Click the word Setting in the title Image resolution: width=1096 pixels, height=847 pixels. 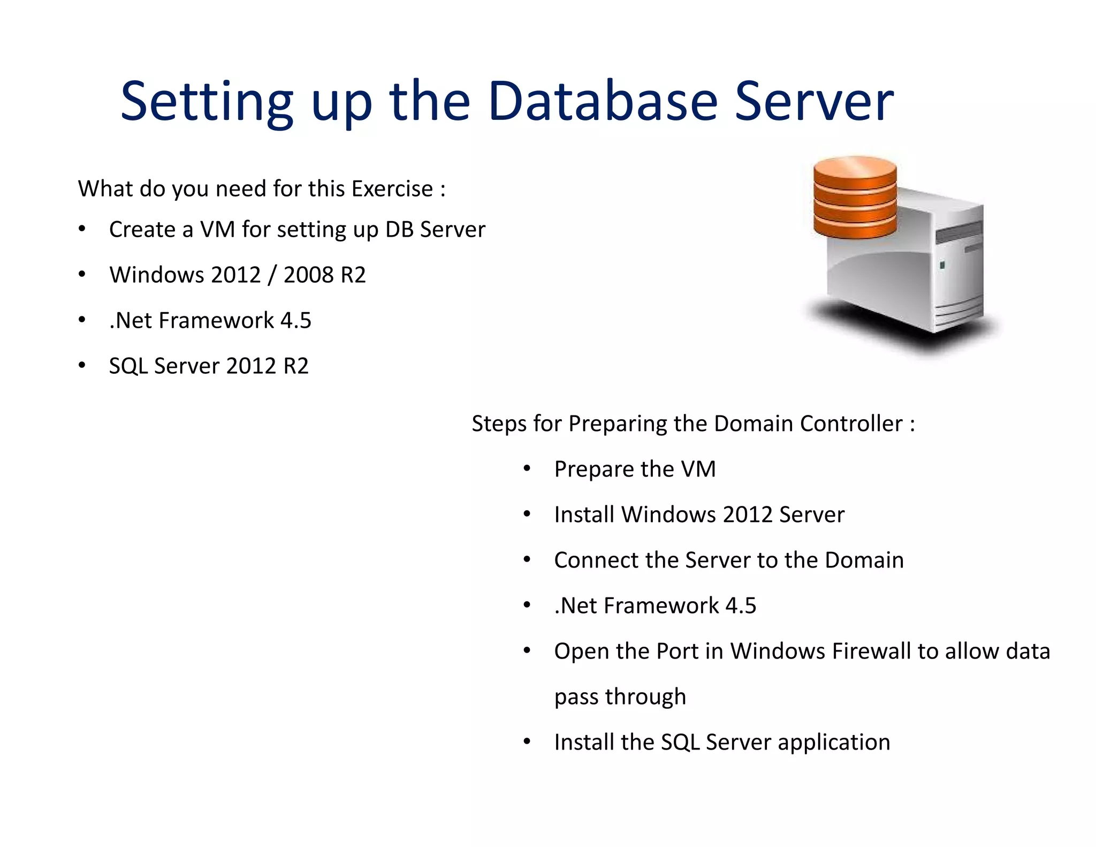click(207, 102)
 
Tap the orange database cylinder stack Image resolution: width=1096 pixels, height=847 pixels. click(855, 196)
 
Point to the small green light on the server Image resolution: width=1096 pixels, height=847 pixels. click(942, 265)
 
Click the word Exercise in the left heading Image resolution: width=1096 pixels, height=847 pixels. click(392, 189)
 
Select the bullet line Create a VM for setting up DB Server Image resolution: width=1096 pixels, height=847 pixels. click(297, 230)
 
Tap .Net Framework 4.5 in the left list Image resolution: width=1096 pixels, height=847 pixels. click(210, 321)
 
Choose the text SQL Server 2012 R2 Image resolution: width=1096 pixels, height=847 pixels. click(209, 366)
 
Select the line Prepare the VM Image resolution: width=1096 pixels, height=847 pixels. click(635, 469)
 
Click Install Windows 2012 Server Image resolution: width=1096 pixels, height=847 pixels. click(699, 515)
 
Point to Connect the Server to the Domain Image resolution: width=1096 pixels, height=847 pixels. click(729, 560)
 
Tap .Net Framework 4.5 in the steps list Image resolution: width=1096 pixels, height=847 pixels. click(655, 606)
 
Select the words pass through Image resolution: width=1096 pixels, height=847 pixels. click(620, 697)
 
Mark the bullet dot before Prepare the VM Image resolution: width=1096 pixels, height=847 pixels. click(527, 469)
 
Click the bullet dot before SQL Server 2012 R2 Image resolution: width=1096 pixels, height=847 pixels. click(82, 366)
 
